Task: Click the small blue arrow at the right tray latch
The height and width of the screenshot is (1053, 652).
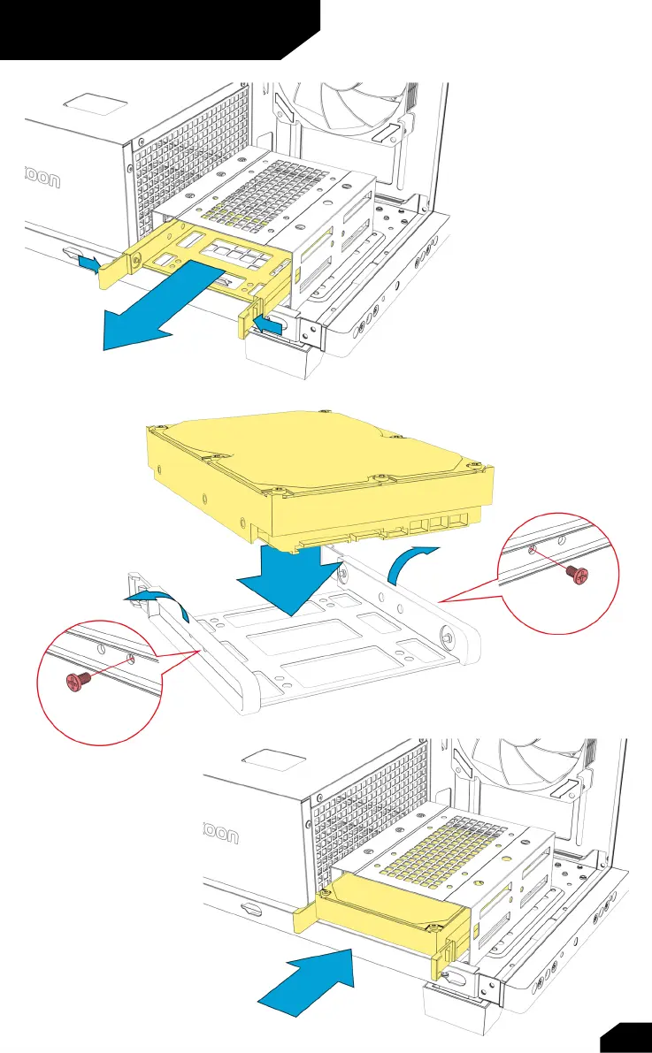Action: click(268, 328)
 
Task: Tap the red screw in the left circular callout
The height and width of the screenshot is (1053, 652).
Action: click(77, 680)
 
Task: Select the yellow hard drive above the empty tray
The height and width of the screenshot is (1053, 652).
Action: click(318, 477)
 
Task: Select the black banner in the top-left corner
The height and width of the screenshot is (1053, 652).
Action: click(150, 28)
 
